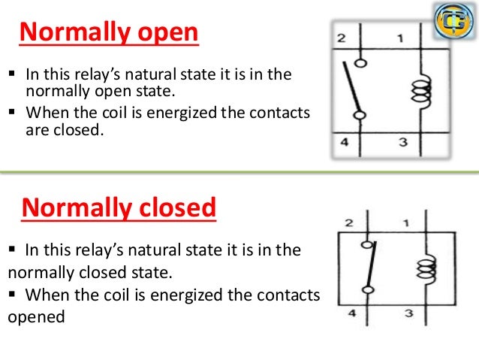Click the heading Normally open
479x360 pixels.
[x=109, y=34]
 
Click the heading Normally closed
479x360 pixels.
[x=119, y=207]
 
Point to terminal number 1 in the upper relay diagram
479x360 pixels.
[x=400, y=38]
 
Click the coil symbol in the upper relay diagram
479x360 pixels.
[x=417, y=90]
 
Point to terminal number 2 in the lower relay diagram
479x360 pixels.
[x=348, y=223]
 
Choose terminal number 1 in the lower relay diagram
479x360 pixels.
[x=405, y=223]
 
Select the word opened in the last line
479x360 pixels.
[x=36, y=316]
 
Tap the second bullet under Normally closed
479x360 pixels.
[x=13, y=296]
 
